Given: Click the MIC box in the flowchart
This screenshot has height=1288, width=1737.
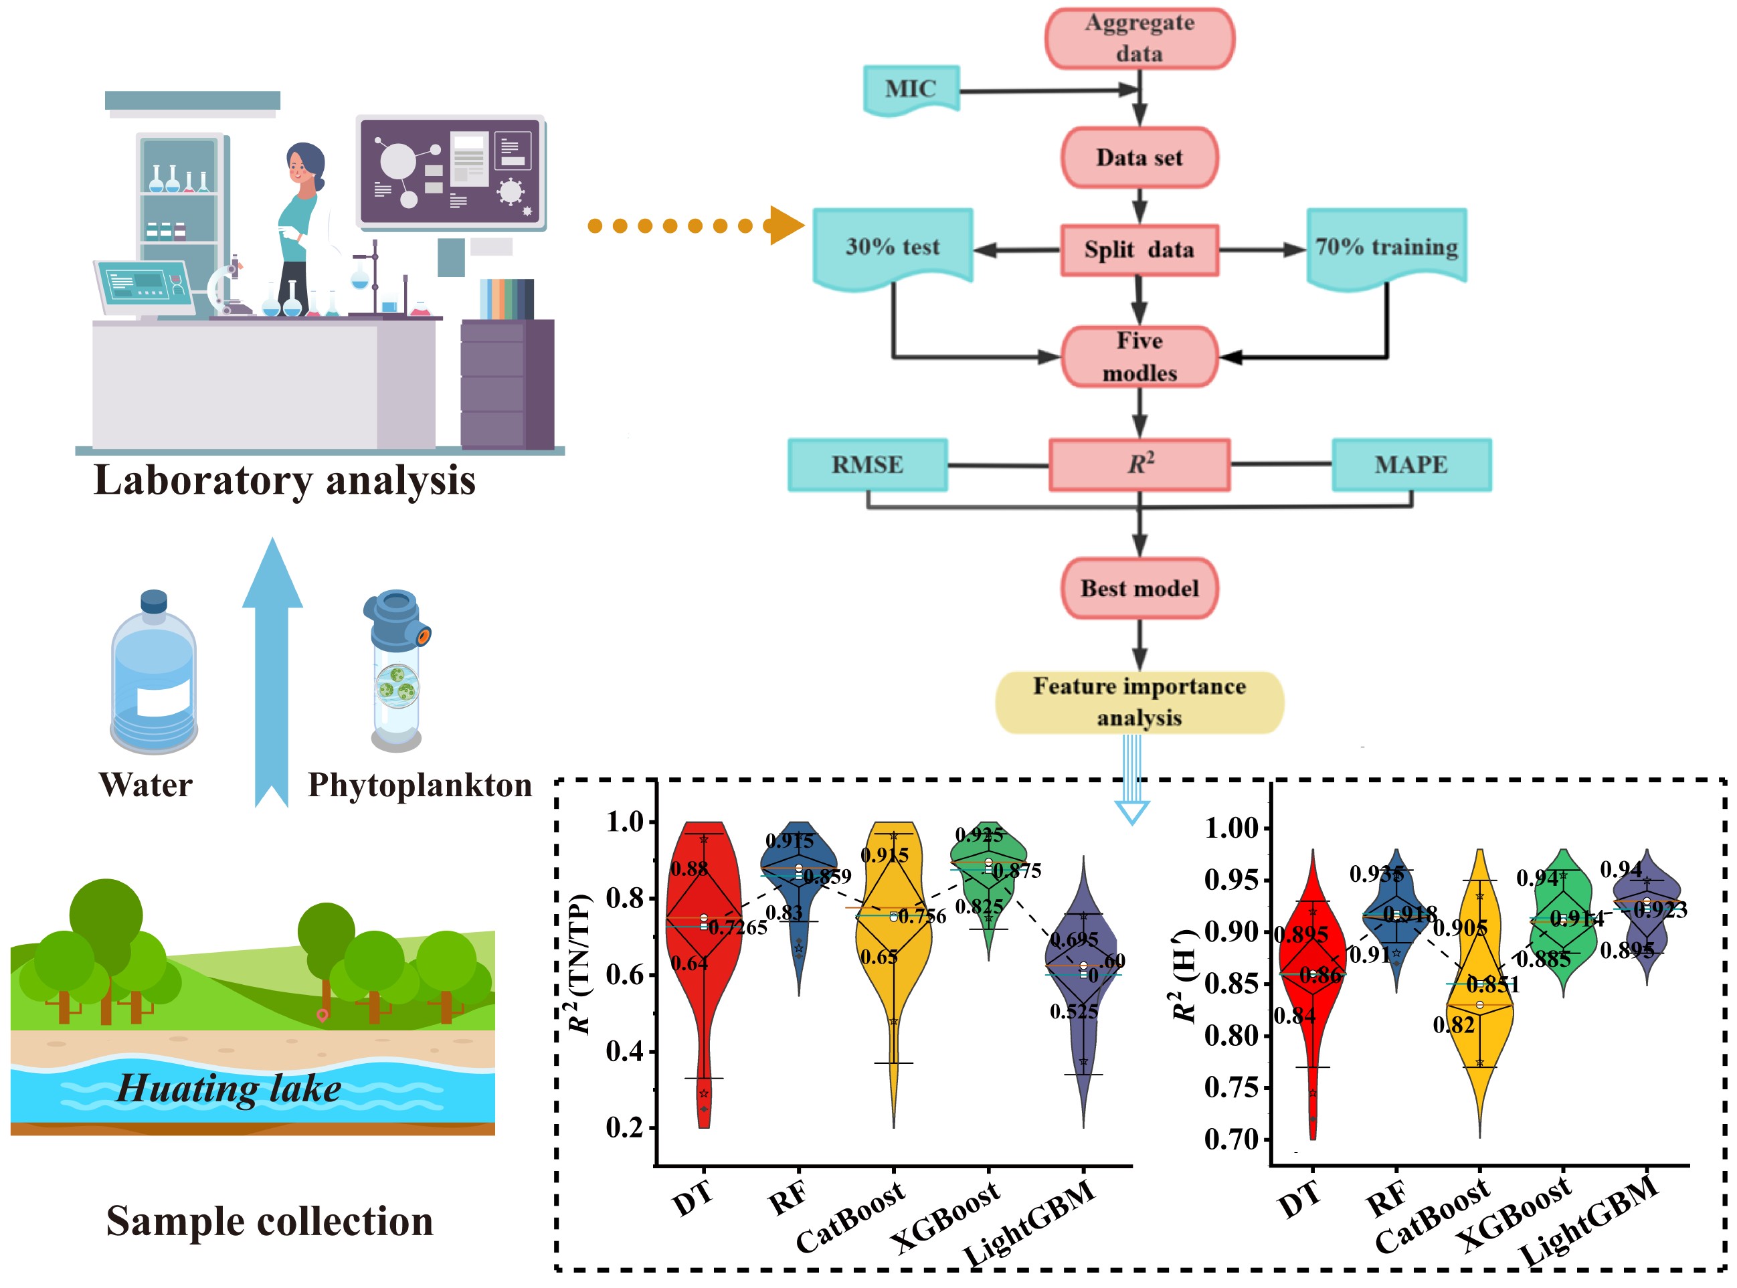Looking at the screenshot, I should point(911,89).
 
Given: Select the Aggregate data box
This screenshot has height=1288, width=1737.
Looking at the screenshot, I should point(1139,38).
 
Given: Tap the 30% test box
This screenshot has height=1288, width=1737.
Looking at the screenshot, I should point(893,247).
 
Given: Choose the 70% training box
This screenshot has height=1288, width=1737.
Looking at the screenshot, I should point(1386,247).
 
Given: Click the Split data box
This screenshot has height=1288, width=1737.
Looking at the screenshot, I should point(1139,250).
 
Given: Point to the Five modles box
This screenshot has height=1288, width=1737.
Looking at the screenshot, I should point(1139,357).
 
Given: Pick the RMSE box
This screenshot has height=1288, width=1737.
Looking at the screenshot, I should point(867,464).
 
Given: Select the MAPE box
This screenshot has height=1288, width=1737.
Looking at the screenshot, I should point(1410,464).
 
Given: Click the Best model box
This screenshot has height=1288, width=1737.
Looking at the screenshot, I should point(1139,588).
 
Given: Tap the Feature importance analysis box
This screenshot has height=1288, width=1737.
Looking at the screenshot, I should point(1139,702).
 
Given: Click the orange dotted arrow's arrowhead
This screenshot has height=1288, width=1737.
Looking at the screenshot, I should point(786,226).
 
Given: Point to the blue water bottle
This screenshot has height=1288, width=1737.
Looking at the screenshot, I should point(154,674).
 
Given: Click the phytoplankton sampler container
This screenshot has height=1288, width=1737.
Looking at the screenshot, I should point(396,670).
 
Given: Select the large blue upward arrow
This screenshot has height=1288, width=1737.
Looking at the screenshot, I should point(272,670).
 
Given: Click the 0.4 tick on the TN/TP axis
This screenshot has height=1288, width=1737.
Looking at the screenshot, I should point(625,1051).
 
